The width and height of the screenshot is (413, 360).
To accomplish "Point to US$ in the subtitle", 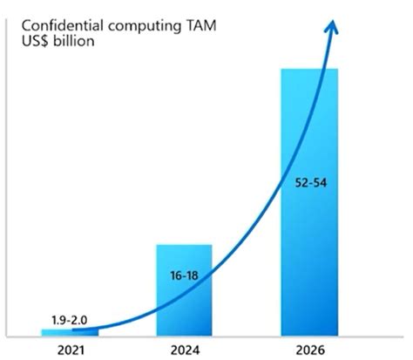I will [x=37, y=40].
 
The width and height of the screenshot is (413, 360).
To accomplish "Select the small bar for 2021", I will [x=70, y=331].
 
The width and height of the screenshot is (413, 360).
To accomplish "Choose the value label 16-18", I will [x=183, y=276].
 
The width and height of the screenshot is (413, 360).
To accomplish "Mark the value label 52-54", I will [x=308, y=185].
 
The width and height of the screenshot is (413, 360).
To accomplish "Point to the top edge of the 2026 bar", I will [x=308, y=68].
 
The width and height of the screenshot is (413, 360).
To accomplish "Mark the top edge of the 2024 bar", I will [x=184, y=245].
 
